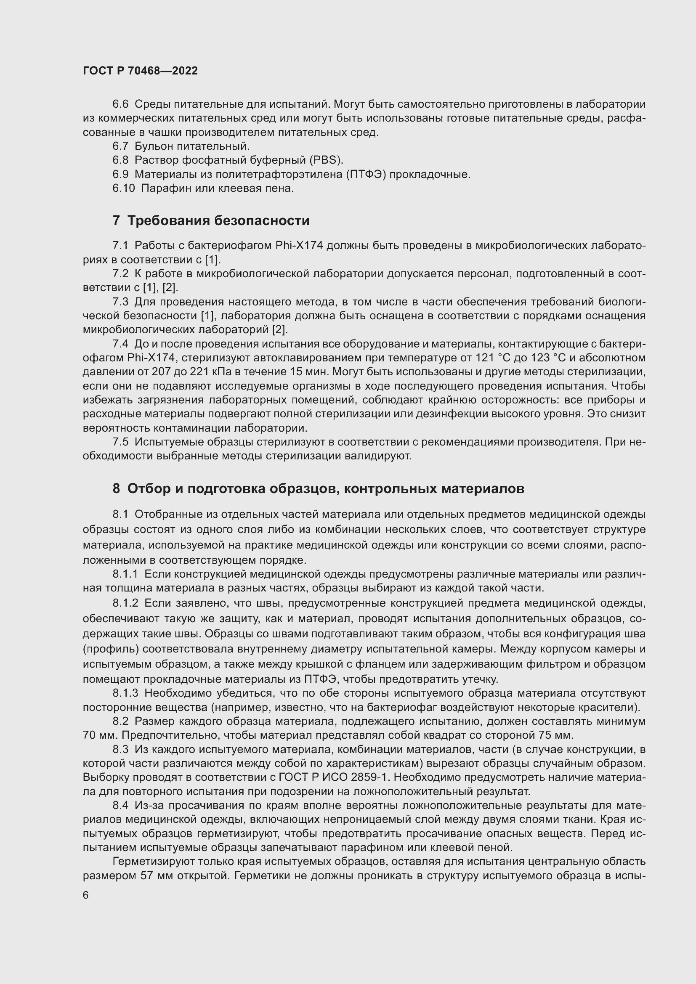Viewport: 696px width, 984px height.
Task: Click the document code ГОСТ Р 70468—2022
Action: coord(140,71)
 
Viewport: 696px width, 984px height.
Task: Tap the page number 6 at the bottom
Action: coord(86,895)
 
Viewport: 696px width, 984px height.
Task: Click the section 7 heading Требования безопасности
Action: coord(211,221)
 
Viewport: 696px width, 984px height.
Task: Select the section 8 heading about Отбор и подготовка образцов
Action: coord(318,488)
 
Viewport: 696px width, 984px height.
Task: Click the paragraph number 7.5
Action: coord(120,442)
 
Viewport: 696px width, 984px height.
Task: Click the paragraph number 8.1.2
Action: coord(125,603)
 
